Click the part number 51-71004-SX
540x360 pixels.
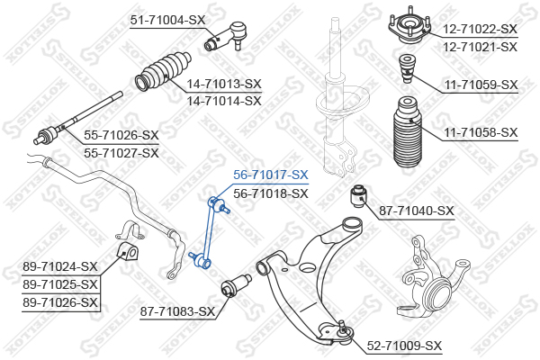pyautogui.click(x=167, y=20)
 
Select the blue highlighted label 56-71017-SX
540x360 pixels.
pyautogui.click(x=271, y=175)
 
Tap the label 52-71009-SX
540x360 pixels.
pyautogui.click(x=404, y=346)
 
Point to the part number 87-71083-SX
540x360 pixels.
pyautogui.click(x=177, y=311)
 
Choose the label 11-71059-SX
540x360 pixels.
pyautogui.click(x=481, y=85)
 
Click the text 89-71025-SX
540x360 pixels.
pyautogui.click(x=60, y=284)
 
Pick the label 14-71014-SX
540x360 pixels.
pyautogui.click(x=224, y=101)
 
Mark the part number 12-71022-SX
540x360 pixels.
pyautogui.click(x=480, y=29)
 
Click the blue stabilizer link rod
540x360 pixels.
pyautogui.click(x=210, y=233)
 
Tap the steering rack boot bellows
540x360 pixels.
pyautogui.click(x=163, y=71)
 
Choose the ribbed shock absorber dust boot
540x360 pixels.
pyautogui.click(x=407, y=132)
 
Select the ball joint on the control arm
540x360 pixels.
pyautogui.click(x=342, y=332)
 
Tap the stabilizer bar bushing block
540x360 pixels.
pyautogui.click(x=128, y=253)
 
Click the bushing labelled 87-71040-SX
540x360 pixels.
pyautogui.click(x=359, y=196)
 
